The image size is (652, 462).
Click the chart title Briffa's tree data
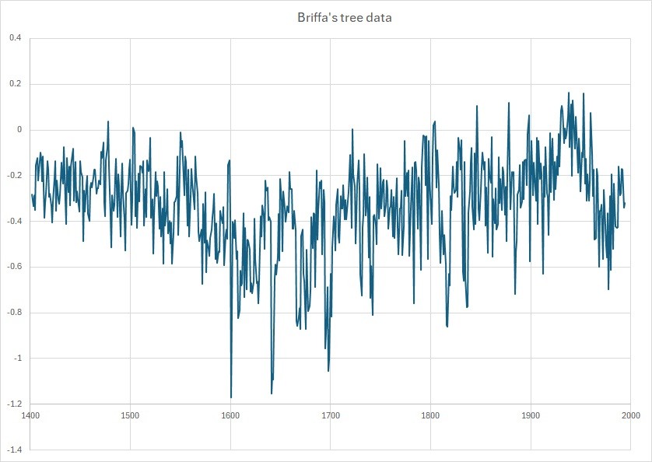click(x=345, y=17)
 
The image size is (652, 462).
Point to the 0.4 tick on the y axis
click(x=16, y=38)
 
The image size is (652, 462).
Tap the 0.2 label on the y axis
click(x=16, y=84)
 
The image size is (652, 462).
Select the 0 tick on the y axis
click(x=19, y=130)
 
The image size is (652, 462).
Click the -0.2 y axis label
click(x=14, y=176)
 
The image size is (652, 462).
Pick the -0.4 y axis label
click(x=14, y=221)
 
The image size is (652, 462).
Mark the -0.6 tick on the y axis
click(x=14, y=267)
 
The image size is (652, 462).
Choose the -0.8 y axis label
click(x=14, y=313)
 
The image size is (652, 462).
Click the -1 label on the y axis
click(x=17, y=358)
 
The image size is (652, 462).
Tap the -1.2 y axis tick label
click(x=14, y=404)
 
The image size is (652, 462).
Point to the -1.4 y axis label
click(x=14, y=450)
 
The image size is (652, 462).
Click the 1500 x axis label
click(x=130, y=415)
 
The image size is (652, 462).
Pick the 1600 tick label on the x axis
click(x=230, y=415)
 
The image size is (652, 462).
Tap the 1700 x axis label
click(x=331, y=415)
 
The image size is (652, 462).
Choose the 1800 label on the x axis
click(x=430, y=415)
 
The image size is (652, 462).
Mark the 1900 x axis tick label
click(x=531, y=415)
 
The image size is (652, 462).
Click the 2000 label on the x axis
click(x=631, y=415)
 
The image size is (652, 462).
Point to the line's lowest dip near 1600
click(x=231, y=397)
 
